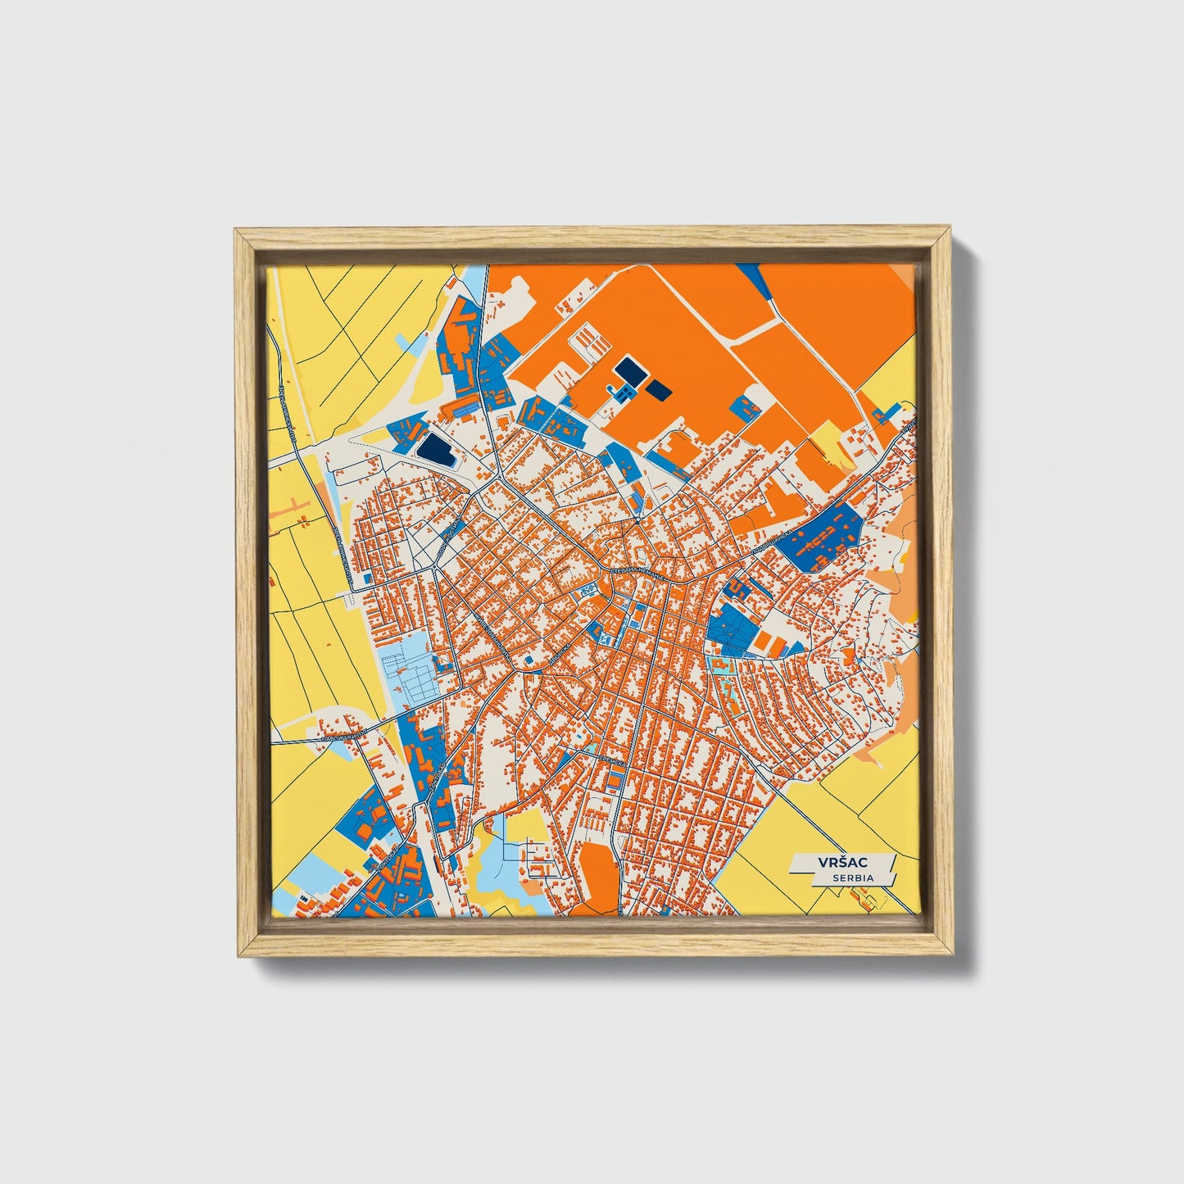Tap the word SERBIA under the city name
pyautogui.click(x=852, y=878)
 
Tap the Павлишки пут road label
pyautogui.click(x=341, y=738)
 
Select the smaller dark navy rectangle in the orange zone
pyautogui.click(x=659, y=389)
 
